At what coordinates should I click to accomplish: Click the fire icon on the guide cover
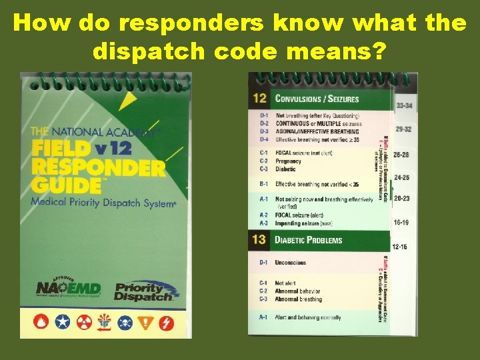(42, 323)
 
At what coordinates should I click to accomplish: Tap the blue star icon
(63, 323)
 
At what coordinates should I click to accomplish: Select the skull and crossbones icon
(125, 323)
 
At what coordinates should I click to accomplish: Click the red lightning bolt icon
(166, 323)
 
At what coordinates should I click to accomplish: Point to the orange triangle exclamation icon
(145, 323)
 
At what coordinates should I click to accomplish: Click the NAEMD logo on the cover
(69, 287)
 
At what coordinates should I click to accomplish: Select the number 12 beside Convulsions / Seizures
(260, 99)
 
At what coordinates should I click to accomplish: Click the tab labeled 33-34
(404, 105)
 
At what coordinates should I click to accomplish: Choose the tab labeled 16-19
(401, 223)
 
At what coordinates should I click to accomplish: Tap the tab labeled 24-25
(402, 178)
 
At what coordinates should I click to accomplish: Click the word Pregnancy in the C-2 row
(289, 161)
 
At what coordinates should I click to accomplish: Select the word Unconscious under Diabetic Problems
(291, 263)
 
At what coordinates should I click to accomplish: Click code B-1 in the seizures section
(264, 184)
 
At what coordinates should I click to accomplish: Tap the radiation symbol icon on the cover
(83, 323)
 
